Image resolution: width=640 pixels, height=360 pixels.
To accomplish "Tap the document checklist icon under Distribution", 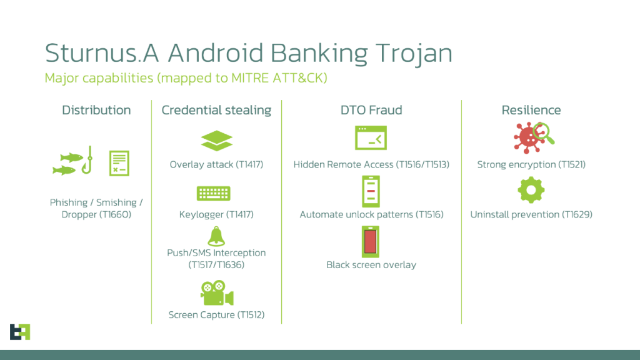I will click(x=119, y=163).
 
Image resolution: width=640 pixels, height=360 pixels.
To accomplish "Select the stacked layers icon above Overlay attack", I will click(x=216, y=141).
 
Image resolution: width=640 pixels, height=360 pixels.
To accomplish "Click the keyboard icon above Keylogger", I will click(x=214, y=193).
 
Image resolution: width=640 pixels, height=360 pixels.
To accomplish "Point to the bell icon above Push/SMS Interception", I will click(x=216, y=236).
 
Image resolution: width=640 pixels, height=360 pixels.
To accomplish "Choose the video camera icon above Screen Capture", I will click(x=216, y=292).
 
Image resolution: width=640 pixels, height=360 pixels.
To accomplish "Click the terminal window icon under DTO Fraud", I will click(x=371, y=138).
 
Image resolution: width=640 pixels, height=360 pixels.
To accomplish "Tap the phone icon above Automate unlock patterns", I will click(x=371, y=191).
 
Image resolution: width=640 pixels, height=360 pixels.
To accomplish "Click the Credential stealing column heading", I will click(x=216, y=111).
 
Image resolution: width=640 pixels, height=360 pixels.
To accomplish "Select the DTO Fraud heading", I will click(x=371, y=111).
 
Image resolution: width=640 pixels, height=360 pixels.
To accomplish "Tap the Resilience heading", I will click(x=531, y=111).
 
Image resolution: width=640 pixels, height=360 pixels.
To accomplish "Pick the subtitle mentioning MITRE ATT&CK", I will click(x=186, y=78).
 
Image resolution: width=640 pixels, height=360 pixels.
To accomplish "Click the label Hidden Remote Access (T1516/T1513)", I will click(x=371, y=164).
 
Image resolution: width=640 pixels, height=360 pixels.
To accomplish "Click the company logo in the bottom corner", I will click(x=20, y=331).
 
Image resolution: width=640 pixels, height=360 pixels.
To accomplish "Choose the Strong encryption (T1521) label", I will click(x=531, y=164).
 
